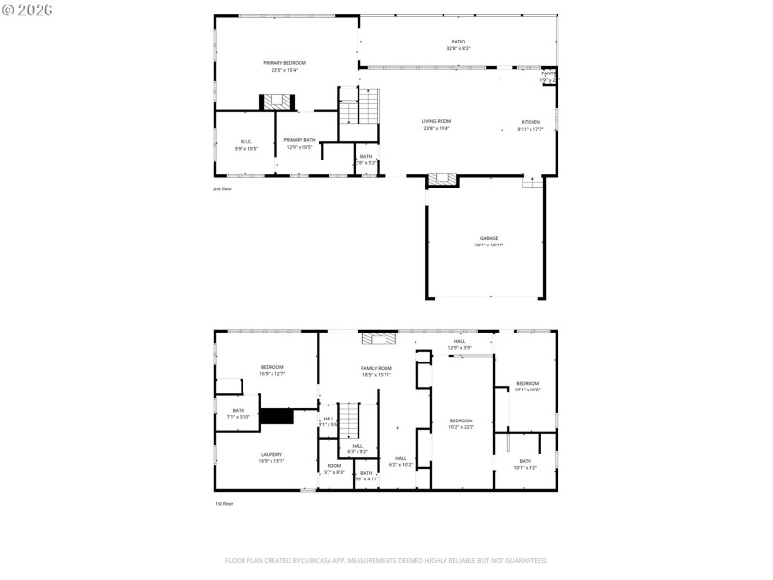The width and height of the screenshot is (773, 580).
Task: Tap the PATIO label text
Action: coord(458,43)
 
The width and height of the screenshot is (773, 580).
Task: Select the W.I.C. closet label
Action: coord(245,141)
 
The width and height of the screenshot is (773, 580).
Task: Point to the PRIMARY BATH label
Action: coord(300,141)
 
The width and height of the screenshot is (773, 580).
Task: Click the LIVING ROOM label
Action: coord(436,122)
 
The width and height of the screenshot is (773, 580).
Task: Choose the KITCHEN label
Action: coord(530,122)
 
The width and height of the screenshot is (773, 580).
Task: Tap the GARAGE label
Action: coord(488,238)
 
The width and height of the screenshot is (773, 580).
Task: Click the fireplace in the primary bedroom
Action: coord(274,101)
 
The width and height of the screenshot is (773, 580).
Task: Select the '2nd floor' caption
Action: coord(222,189)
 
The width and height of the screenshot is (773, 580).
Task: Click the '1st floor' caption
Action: coord(223,504)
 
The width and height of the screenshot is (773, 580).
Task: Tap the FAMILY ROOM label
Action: coord(377,369)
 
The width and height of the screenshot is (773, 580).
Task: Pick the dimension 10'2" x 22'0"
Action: coord(462,427)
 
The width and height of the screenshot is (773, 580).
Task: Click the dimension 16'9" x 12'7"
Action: coord(272,374)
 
